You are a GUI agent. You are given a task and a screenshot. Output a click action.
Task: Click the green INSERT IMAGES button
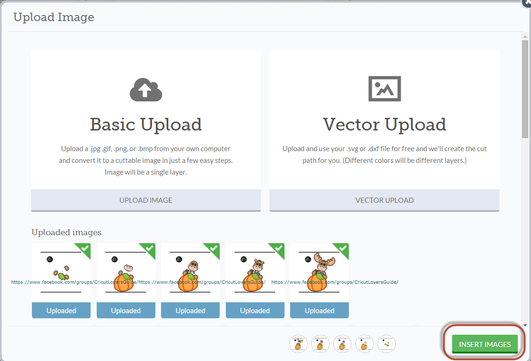pos(485,344)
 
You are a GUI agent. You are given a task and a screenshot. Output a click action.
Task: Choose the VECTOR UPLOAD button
pos(384,200)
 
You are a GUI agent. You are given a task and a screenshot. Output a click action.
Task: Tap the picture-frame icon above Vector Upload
pos(385,88)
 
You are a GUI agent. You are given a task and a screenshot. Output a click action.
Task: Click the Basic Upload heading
pos(146,124)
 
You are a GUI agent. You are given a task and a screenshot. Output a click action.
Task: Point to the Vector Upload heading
pos(385,124)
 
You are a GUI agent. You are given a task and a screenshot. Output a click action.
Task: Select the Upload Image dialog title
pos(54,17)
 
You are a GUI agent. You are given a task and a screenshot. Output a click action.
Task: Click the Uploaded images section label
pos(66,232)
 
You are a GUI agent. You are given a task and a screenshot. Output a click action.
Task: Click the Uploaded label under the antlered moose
pos(319,311)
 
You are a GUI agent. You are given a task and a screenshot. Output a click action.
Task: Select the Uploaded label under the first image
pos(61,311)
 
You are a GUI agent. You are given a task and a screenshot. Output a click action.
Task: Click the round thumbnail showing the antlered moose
pos(298,344)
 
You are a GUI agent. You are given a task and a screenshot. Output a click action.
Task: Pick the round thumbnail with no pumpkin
pos(386,344)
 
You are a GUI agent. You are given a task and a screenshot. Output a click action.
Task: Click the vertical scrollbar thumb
pos(525,89)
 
